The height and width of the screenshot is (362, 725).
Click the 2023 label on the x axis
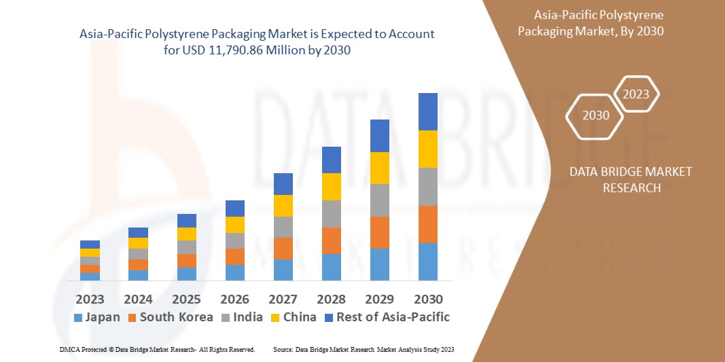[x=90, y=299]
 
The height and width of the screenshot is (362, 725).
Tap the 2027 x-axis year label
[x=283, y=299]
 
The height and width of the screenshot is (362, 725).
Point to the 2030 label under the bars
[x=428, y=299]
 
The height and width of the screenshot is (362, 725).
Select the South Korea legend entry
[x=170, y=317]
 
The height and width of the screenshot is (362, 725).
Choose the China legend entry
[x=293, y=317]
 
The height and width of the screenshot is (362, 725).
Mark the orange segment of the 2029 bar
[x=380, y=232]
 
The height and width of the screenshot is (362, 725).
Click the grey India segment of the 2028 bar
[x=331, y=213]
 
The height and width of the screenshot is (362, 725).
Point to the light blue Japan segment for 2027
[x=283, y=270]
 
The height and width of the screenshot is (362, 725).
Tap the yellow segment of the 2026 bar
[x=234, y=225]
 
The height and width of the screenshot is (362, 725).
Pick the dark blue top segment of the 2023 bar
[x=90, y=245]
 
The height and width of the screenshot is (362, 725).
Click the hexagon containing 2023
[x=636, y=94]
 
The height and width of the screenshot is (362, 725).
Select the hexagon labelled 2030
[x=596, y=115]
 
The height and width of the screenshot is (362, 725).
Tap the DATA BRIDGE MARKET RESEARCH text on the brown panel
[x=631, y=179]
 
